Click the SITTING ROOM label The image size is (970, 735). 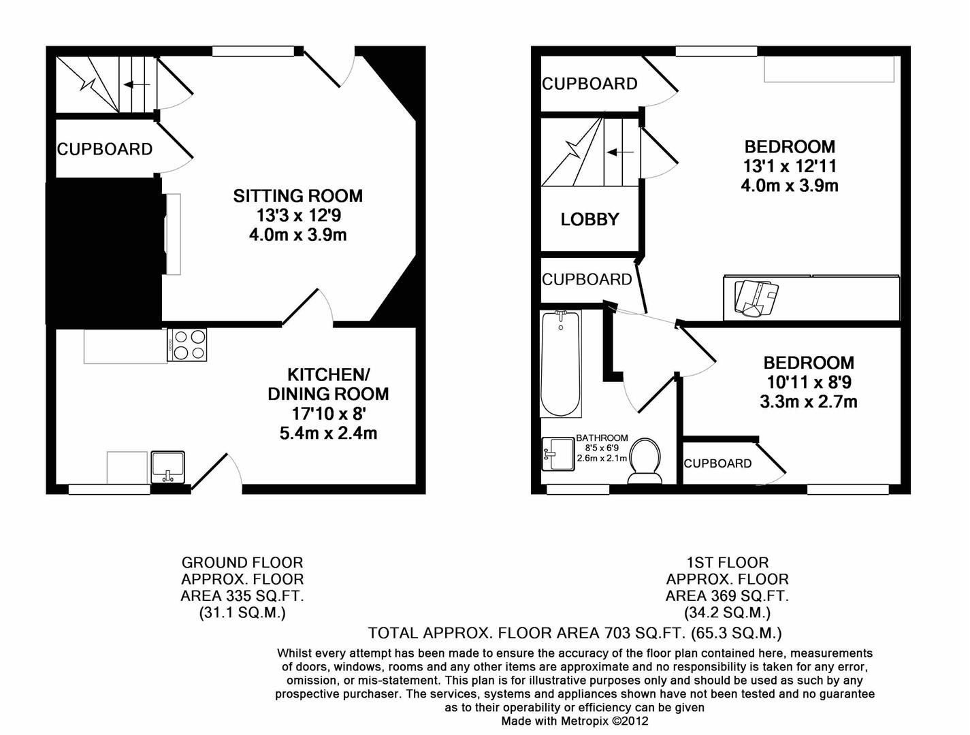pyautogui.click(x=297, y=196)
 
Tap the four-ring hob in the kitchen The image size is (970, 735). pyautogui.click(x=187, y=344)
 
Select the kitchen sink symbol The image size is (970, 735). pyautogui.click(x=167, y=467)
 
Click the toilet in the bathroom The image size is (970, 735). pyautogui.click(x=645, y=460)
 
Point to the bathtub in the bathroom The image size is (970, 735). pyautogui.click(x=560, y=363)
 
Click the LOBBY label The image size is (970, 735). pyautogui.click(x=589, y=219)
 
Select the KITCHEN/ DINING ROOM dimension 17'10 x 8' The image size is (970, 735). pyautogui.click(x=328, y=413)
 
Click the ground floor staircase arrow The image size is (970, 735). pyautogui.click(x=138, y=85)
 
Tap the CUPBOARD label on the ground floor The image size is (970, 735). pyautogui.click(x=105, y=149)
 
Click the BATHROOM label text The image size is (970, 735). pyautogui.click(x=602, y=438)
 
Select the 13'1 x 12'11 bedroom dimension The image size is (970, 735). pyautogui.click(x=790, y=166)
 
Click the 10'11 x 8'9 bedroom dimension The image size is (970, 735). pyautogui.click(x=808, y=382)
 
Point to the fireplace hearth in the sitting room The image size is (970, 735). pyautogui.click(x=173, y=234)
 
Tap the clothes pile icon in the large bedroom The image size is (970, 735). pyautogui.click(x=756, y=297)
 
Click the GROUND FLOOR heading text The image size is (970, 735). pyautogui.click(x=242, y=563)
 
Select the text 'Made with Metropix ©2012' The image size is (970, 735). pyautogui.click(x=575, y=721)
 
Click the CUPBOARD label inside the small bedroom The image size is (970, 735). pyautogui.click(x=717, y=463)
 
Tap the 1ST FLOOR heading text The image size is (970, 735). pyautogui.click(x=727, y=563)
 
